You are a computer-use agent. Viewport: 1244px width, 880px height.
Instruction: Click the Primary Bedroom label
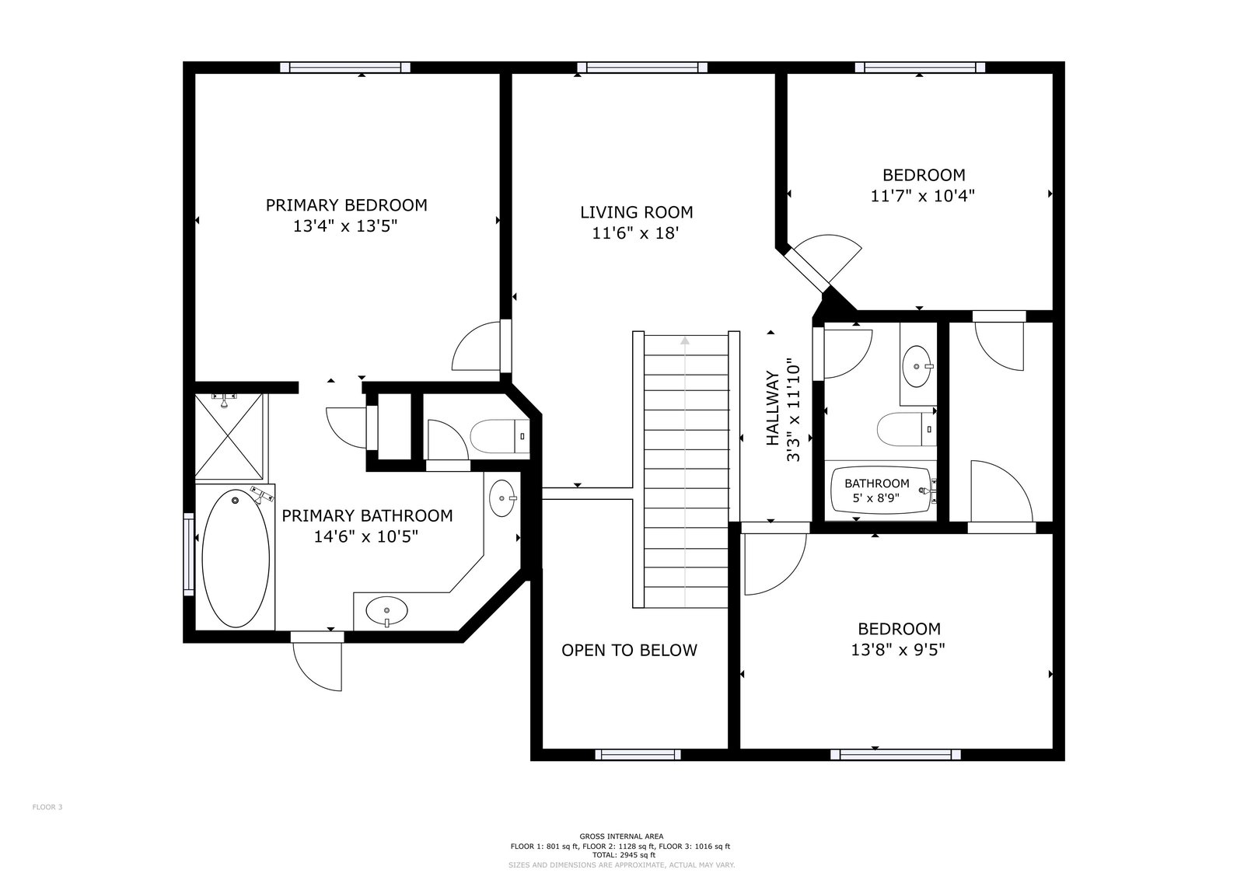[x=346, y=205]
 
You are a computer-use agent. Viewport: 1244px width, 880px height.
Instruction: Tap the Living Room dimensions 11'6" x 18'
[x=636, y=233]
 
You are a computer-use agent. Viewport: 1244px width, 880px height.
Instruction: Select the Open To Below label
[x=629, y=650]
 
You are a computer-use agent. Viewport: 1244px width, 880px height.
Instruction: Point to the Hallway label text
[x=773, y=408]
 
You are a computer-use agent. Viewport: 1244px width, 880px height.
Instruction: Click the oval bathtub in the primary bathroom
[x=236, y=558]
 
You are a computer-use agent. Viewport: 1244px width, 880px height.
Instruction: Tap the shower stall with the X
[x=229, y=436]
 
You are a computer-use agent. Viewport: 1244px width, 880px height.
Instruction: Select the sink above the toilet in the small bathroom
[x=917, y=366]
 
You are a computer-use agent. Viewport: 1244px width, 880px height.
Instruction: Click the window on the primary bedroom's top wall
[x=345, y=68]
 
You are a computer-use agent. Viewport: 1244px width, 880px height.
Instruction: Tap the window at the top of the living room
[x=642, y=68]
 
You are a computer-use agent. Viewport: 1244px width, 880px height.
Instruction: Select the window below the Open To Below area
[x=638, y=755]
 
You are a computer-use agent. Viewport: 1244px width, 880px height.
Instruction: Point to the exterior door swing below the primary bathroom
[x=317, y=666]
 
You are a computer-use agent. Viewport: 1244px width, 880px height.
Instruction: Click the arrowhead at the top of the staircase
[x=685, y=340]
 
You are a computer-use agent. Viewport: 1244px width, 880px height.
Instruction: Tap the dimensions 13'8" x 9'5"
[x=898, y=650]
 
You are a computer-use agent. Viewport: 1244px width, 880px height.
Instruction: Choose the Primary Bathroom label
[x=367, y=515]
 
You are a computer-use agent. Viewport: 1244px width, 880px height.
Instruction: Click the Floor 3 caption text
[x=47, y=807]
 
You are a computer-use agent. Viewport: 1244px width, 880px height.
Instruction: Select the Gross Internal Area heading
[x=621, y=836]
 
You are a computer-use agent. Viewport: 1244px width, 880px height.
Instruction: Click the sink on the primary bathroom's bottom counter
[x=386, y=611]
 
